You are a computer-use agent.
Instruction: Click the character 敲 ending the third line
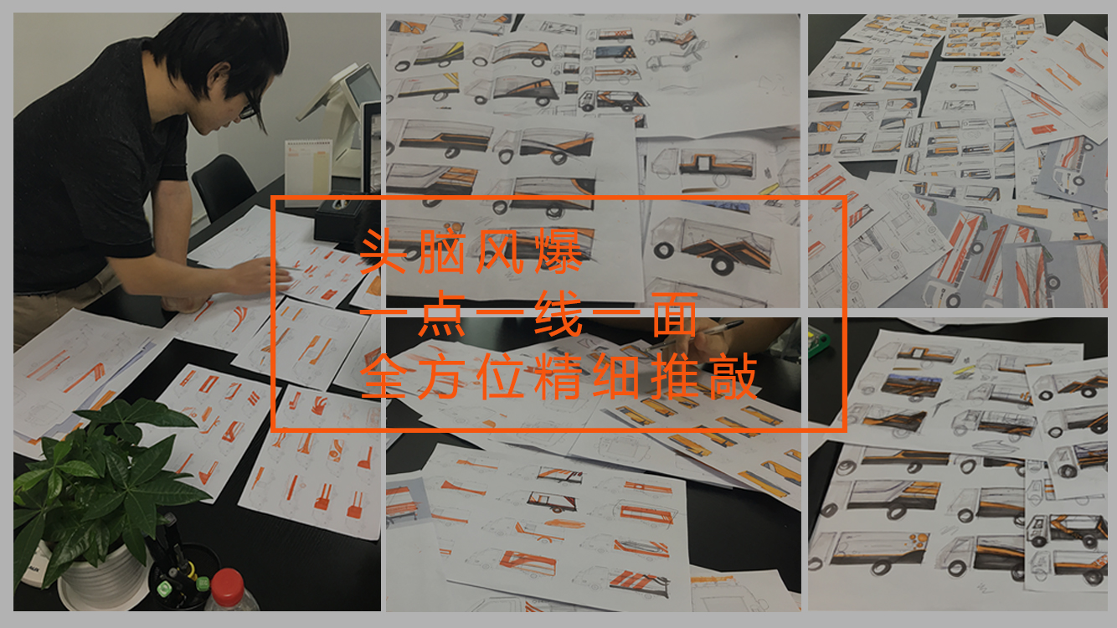pyautogui.click(x=734, y=376)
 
